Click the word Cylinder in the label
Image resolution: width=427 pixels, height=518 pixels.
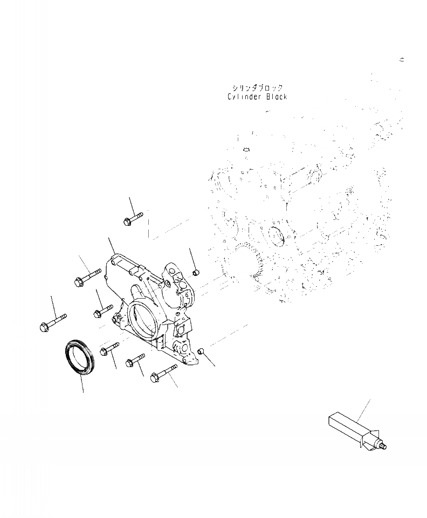point(243,97)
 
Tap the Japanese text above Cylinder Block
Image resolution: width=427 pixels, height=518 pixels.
point(257,88)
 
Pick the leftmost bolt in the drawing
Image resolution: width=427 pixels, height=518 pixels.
point(53,322)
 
